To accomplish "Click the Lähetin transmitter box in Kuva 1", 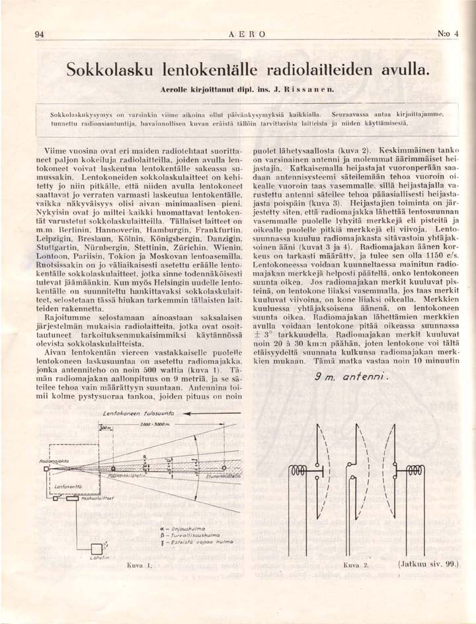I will [96, 547].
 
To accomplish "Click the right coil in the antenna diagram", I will [415, 470].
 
